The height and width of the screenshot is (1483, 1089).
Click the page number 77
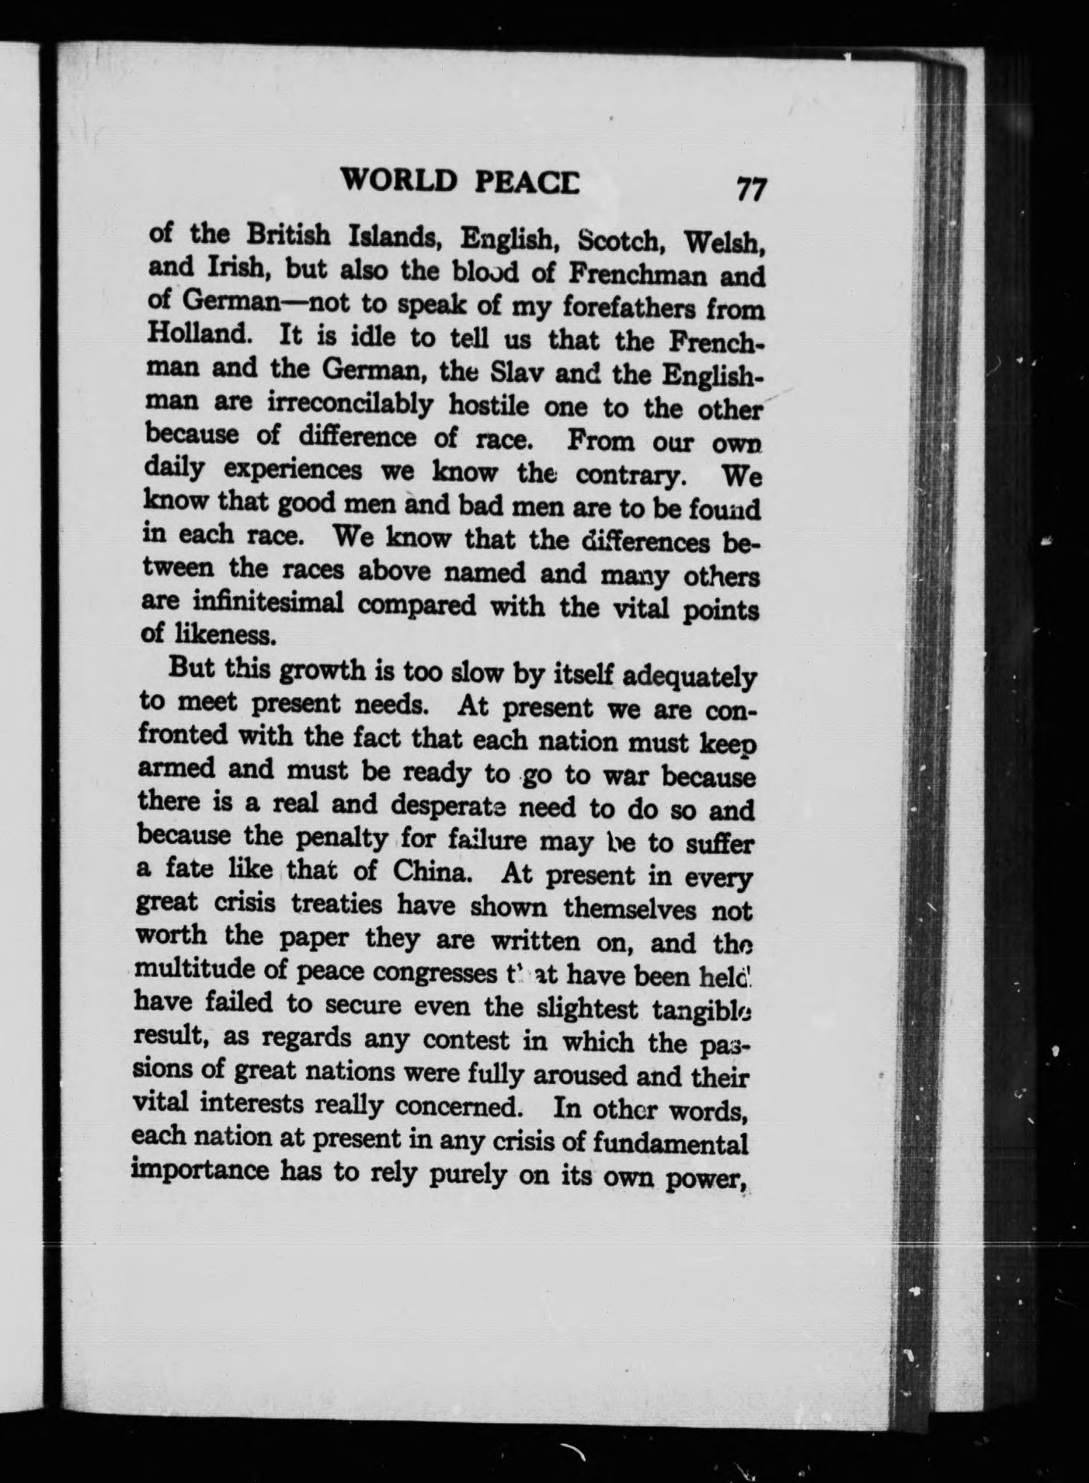[751, 189]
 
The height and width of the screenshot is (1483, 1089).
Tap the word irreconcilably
[350, 404]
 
